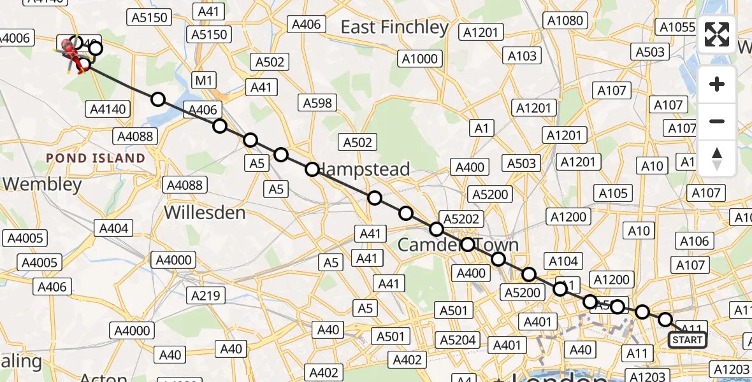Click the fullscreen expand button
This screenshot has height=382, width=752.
click(717, 34)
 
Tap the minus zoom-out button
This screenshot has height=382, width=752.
click(717, 121)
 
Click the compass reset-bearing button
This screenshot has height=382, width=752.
click(717, 159)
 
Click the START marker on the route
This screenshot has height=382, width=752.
click(688, 340)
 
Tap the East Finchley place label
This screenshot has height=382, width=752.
click(394, 27)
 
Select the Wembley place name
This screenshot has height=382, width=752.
click(42, 185)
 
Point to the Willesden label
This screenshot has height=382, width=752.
click(205, 212)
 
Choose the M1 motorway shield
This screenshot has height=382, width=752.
click(204, 80)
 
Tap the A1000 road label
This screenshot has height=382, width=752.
click(420, 59)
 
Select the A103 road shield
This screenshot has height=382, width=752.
click(522, 56)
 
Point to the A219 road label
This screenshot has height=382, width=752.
click(205, 295)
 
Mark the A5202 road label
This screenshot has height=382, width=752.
click(461, 219)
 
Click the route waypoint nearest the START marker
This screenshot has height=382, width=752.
click(665, 320)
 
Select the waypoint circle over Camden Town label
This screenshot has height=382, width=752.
click(468, 244)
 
